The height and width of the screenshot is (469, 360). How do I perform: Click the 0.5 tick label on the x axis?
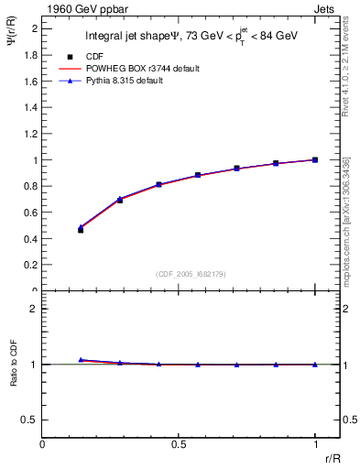point(178,444)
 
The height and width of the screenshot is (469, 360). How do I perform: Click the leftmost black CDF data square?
point(81,230)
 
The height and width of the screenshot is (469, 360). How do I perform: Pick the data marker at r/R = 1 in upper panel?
point(315,159)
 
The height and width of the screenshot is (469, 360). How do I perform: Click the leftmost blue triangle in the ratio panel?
point(81,360)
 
